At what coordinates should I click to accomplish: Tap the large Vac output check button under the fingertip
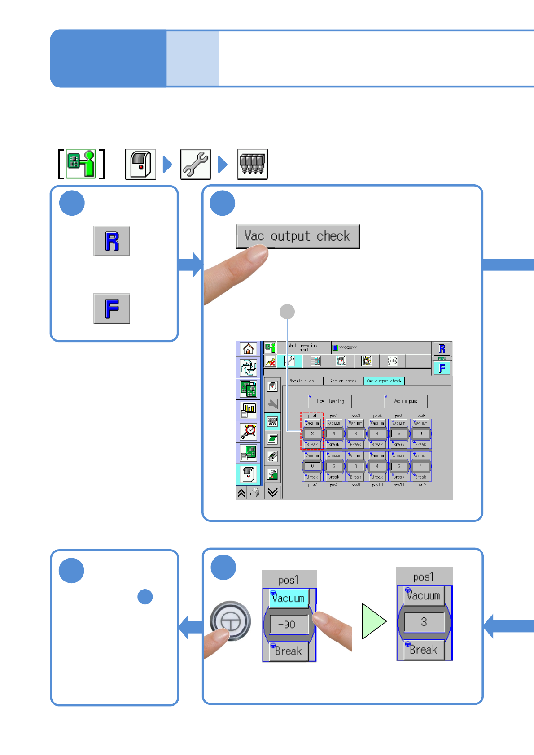click(298, 236)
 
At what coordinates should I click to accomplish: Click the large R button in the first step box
click(112, 241)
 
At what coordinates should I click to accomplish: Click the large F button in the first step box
click(112, 309)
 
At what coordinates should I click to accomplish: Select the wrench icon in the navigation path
click(196, 165)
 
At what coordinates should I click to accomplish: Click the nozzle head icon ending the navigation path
click(253, 165)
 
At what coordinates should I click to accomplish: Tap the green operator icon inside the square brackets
click(81, 165)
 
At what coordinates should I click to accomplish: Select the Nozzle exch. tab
click(302, 381)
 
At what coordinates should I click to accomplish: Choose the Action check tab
click(343, 381)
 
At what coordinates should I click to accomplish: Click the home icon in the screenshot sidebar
click(248, 349)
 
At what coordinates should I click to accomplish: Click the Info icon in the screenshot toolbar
click(392, 361)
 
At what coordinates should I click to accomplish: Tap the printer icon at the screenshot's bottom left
click(255, 493)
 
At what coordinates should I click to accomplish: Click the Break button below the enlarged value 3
click(424, 650)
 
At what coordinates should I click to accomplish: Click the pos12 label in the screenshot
click(421, 485)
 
